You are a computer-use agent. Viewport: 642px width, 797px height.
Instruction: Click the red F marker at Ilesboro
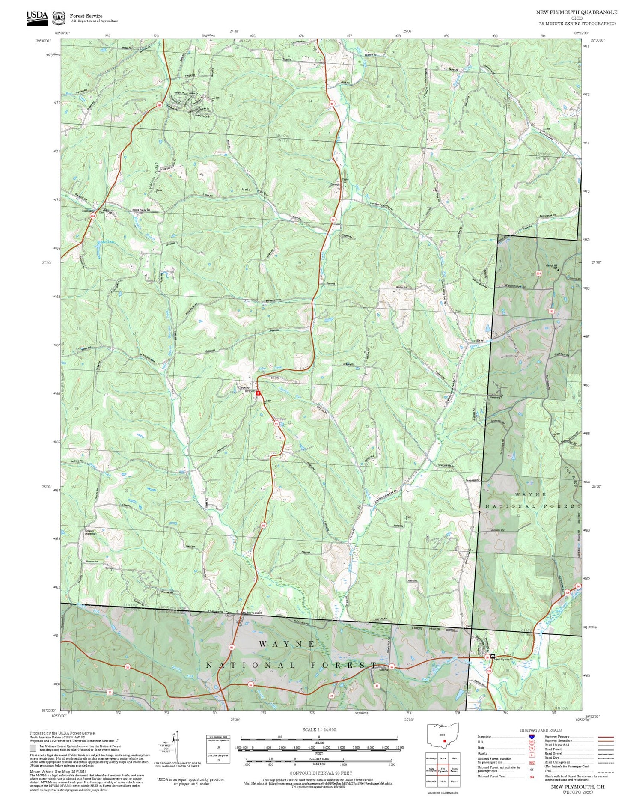pos(258,393)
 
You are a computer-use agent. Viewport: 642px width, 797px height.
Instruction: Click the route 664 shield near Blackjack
pos(93,217)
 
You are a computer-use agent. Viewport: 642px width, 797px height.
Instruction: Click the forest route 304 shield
pos(538,274)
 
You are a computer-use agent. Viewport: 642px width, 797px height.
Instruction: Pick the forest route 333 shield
pos(551,311)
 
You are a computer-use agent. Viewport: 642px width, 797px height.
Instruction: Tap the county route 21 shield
pos(332,696)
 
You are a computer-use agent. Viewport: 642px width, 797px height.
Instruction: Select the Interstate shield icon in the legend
pos(532,736)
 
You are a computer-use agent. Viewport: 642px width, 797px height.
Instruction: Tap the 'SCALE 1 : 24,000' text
pos(319,729)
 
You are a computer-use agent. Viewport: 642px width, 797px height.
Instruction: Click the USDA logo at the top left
pos(37,17)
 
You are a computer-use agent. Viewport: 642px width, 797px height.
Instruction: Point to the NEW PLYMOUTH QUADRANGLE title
pos(577,12)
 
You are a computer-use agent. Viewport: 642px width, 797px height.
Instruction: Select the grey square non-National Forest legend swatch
pos(33,748)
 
